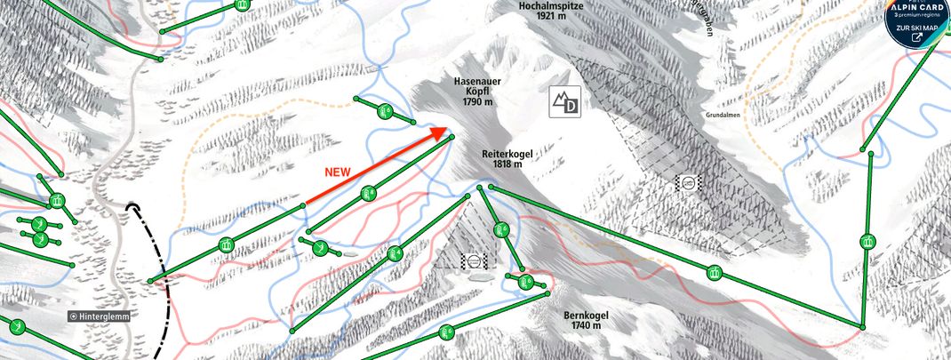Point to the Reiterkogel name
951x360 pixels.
tap(507, 153)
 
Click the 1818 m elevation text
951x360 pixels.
tap(507, 164)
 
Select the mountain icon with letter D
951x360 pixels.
tap(564, 103)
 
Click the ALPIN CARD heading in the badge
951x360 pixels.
tap(919, 5)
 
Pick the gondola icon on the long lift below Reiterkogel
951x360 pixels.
tap(713, 273)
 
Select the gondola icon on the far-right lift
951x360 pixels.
tap(866, 241)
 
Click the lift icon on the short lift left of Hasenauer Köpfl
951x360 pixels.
tap(384, 111)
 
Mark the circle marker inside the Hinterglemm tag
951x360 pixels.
tap(73, 316)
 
